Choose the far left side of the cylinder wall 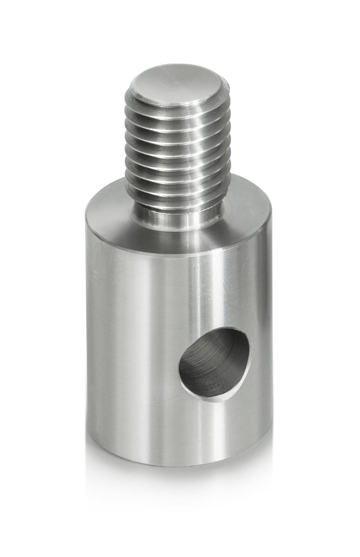click(94, 348)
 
